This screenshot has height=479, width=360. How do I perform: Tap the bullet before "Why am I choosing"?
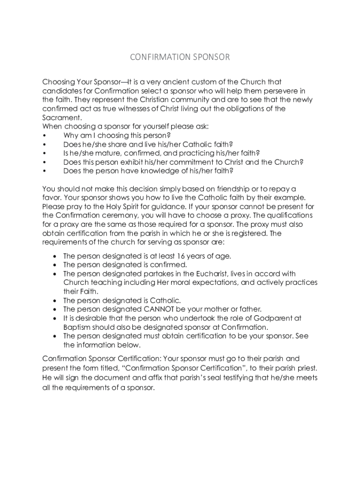pos(44,136)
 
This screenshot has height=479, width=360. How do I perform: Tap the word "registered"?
pos(248,233)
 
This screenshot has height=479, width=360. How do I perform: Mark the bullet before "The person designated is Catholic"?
pos(56,300)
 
